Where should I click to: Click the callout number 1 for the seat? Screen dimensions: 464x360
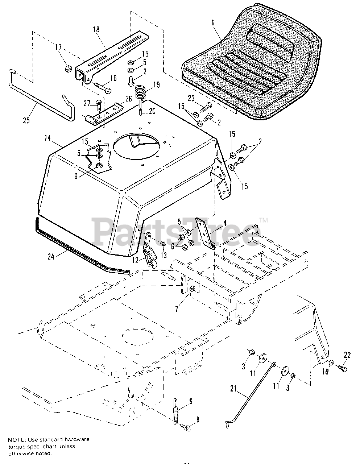(x=213, y=22)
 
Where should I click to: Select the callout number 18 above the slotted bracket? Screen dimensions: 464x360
(x=96, y=30)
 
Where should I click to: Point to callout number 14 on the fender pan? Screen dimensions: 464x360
(x=47, y=138)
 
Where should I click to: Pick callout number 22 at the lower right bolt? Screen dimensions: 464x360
(x=347, y=355)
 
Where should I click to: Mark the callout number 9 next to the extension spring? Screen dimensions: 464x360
(x=190, y=401)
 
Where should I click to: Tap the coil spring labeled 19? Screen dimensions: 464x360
(x=140, y=91)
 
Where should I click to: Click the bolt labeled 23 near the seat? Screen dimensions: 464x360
(x=206, y=106)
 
